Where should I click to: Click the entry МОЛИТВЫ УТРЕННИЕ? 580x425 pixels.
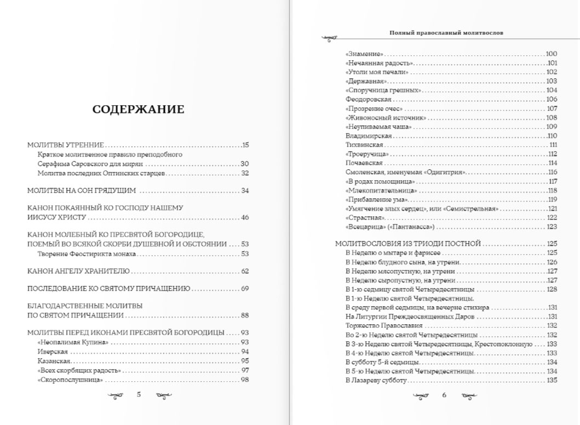(66, 145)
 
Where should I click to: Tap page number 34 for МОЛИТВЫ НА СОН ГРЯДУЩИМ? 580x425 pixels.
(245, 191)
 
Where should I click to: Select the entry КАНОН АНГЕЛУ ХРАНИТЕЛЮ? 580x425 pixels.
(78, 271)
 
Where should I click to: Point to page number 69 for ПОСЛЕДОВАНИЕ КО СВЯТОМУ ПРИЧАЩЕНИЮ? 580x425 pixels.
(245, 289)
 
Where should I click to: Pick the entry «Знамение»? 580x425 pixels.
(364, 54)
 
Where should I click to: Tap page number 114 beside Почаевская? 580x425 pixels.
(552, 163)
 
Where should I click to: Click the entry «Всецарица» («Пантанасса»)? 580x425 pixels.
(390, 226)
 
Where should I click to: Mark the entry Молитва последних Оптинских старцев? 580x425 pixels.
(102, 173)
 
